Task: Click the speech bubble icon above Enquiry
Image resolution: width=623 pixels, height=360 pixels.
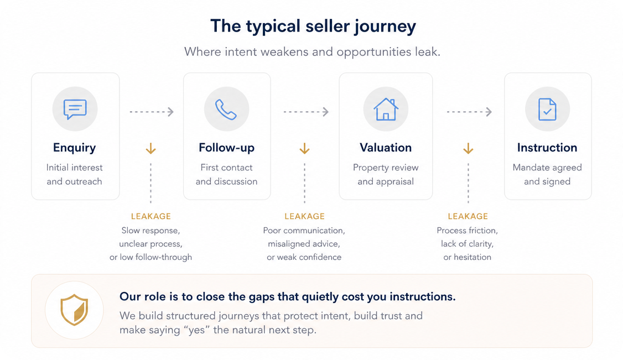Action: pos(75,109)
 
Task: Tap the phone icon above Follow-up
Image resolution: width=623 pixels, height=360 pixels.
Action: pos(226,109)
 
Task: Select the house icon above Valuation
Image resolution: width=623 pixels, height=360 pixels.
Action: pos(386,109)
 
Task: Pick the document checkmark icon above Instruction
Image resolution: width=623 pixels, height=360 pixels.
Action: pos(547,109)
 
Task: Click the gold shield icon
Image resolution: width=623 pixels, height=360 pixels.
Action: pos(74,310)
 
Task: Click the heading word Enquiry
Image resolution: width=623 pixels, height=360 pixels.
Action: pos(74,148)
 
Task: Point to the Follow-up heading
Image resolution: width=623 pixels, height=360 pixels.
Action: pos(226,148)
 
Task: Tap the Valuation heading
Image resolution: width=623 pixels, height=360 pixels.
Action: pos(386,148)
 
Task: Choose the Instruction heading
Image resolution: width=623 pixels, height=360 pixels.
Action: pos(547,148)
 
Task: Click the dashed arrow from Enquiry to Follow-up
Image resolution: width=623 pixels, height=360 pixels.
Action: pos(152,112)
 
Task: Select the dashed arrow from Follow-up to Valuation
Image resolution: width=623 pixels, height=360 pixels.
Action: pos(306,112)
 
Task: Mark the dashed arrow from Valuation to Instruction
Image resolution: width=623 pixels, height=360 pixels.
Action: pos(469,112)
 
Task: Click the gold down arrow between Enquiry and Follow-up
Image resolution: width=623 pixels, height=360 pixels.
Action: pos(150,148)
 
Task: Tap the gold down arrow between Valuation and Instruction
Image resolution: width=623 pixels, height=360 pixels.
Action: pos(468,148)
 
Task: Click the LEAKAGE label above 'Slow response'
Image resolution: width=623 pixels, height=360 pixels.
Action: pos(151,216)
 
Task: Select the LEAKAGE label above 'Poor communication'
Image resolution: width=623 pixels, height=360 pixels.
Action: pos(305,216)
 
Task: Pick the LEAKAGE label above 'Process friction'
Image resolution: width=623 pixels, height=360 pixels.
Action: pos(468,216)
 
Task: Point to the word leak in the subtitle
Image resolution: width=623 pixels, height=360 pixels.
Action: pos(427,51)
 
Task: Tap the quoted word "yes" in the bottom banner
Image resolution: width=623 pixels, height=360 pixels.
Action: pos(196,330)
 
